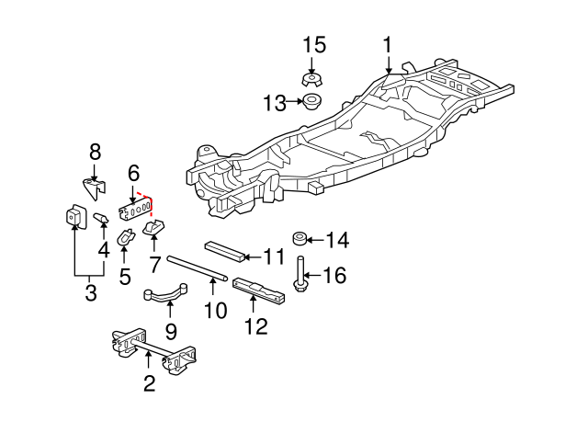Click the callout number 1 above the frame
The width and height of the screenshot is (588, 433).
[x=388, y=45]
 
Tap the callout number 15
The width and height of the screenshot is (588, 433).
[x=314, y=44]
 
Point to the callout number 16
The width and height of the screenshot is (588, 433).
[x=335, y=274]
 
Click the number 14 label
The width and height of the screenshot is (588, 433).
[x=337, y=241]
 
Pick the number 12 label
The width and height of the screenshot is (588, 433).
[x=256, y=325]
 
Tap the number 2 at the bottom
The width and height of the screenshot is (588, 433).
[x=149, y=382]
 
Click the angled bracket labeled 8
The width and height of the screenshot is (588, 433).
[x=93, y=188]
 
